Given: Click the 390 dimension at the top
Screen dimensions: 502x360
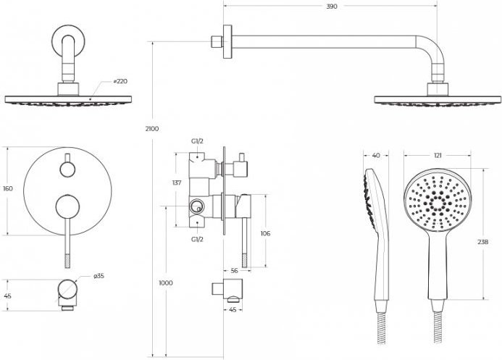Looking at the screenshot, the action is click(x=332, y=7).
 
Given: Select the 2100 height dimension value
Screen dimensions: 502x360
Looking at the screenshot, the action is click(x=151, y=129).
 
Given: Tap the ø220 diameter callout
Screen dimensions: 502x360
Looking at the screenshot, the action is click(x=120, y=81).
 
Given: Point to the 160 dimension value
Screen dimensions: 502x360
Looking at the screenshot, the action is click(x=8, y=188).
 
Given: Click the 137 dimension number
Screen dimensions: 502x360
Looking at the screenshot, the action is click(x=177, y=183).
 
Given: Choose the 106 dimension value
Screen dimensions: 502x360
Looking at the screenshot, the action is click(x=265, y=233).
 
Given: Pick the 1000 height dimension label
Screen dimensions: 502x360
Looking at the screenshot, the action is click(x=165, y=283).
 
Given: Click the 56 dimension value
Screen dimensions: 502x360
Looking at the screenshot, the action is click(x=235, y=271).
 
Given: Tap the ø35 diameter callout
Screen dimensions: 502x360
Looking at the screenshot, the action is click(x=99, y=276).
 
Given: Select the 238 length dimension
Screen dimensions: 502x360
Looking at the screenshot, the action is click(x=482, y=242).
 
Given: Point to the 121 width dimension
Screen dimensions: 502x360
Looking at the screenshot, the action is click(x=438, y=156).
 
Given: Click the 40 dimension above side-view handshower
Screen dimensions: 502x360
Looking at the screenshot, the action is click(x=376, y=156).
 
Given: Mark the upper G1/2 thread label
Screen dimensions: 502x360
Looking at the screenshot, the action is click(x=197, y=141).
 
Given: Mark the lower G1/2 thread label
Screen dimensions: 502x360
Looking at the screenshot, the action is click(x=197, y=239).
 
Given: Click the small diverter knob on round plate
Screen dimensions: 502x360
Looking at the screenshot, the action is click(x=67, y=169).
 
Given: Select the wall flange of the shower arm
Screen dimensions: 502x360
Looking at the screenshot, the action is click(x=227, y=41).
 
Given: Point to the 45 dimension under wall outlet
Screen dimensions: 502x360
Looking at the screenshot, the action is click(x=233, y=310).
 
